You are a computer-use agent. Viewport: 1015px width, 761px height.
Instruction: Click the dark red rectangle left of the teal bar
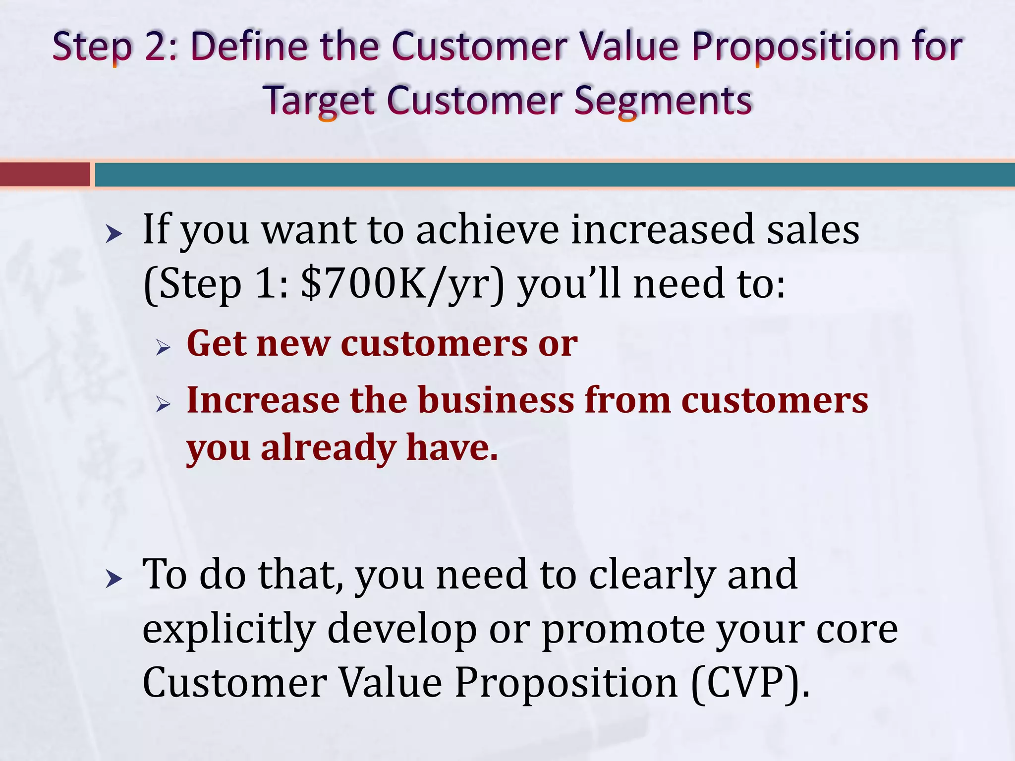click(45, 175)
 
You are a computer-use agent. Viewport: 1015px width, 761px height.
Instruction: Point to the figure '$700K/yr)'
click(402, 284)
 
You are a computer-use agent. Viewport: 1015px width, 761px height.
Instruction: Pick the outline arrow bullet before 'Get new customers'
click(163, 348)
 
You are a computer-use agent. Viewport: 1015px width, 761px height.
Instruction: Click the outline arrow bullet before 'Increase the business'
click(163, 404)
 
